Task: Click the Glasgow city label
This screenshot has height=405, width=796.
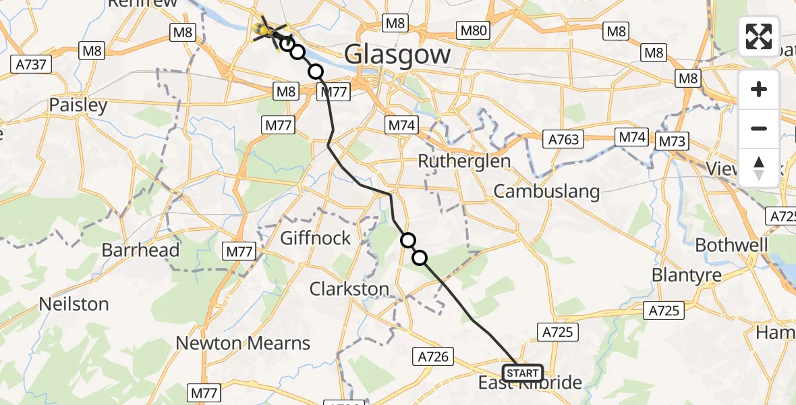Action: (x=397, y=54)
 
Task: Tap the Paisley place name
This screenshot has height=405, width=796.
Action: (x=78, y=105)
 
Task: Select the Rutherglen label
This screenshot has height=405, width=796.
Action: (x=464, y=161)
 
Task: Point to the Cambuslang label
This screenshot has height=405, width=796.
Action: (x=546, y=191)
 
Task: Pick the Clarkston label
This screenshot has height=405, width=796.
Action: (x=349, y=289)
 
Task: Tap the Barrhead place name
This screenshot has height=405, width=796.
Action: (x=140, y=250)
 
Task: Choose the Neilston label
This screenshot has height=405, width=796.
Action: (x=74, y=304)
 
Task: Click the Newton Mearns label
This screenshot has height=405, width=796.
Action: (x=243, y=343)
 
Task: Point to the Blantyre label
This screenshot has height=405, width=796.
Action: (x=686, y=275)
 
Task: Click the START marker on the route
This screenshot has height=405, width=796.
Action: (x=522, y=373)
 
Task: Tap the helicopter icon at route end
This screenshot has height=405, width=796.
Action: (x=266, y=28)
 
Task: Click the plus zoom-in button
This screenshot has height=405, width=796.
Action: (x=759, y=90)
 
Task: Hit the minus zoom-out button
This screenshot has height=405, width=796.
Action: (x=759, y=128)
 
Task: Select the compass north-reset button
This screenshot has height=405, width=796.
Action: (x=759, y=167)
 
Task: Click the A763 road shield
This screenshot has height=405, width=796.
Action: (x=562, y=139)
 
